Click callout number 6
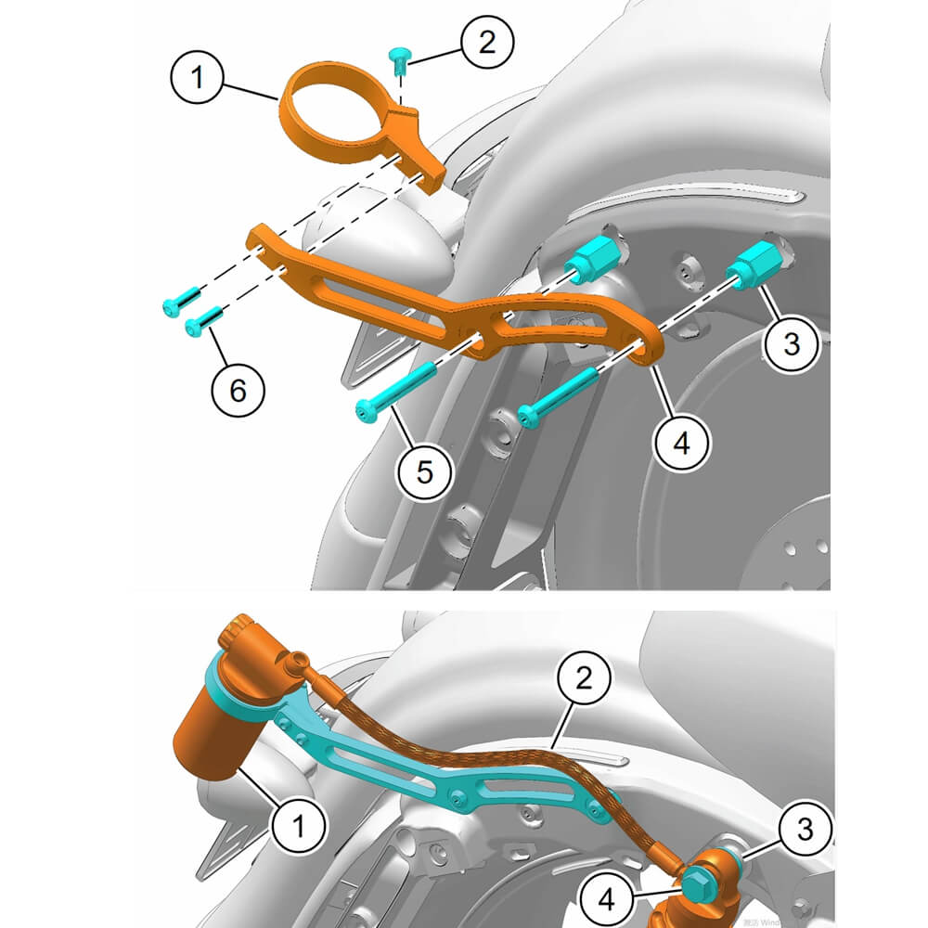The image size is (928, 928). pos(238,391)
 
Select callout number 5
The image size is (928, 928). pos(424,472)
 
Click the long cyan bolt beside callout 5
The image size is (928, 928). pos(394,390)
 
